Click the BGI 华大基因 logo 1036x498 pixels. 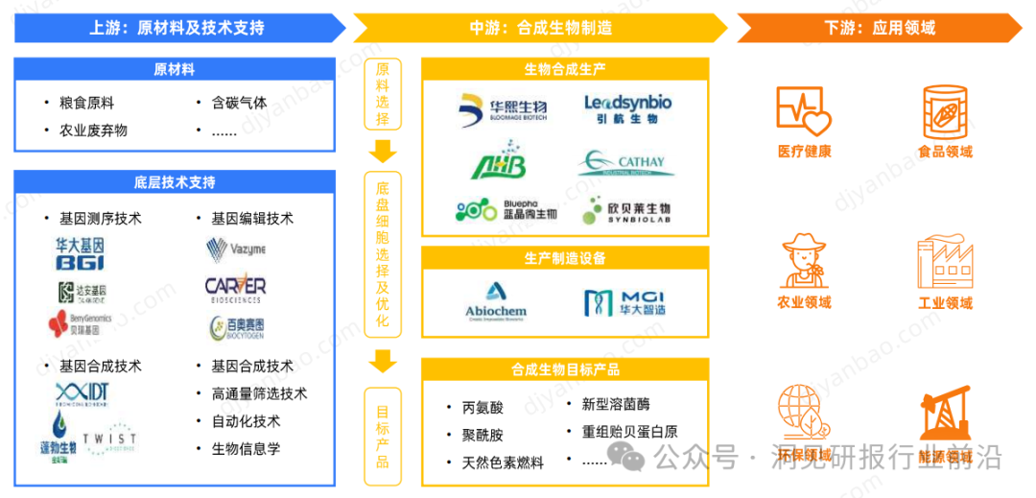[x=80, y=253]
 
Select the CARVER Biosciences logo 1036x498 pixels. [x=235, y=289]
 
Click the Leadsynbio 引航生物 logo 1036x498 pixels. [x=627, y=109]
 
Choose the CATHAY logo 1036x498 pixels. [x=625, y=165]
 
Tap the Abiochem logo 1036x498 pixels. [x=496, y=300]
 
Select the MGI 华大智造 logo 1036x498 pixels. [x=625, y=301]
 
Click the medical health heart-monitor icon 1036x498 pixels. [x=804, y=111]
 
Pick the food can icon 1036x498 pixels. [x=945, y=110]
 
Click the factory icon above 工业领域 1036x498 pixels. [x=945, y=261]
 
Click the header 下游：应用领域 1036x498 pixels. [x=879, y=28]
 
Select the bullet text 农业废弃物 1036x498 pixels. [x=93, y=130]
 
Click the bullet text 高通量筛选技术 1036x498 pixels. [x=259, y=393]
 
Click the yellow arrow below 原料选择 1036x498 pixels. [x=383, y=150]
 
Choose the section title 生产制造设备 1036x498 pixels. [x=565, y=258]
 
